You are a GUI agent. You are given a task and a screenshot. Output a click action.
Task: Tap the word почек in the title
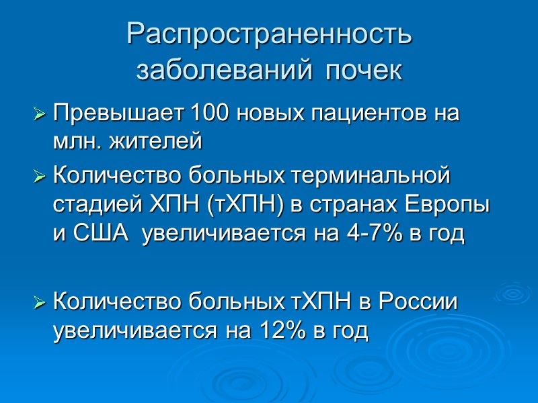(x=364, y=71)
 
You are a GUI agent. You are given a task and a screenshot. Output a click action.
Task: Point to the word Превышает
(x=119, y=113)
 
